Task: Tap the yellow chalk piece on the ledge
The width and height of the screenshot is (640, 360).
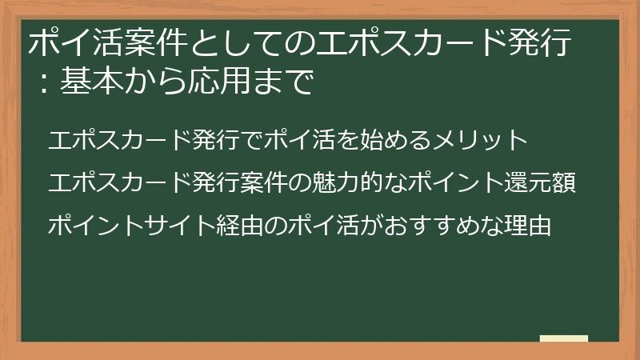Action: [563, 339]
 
